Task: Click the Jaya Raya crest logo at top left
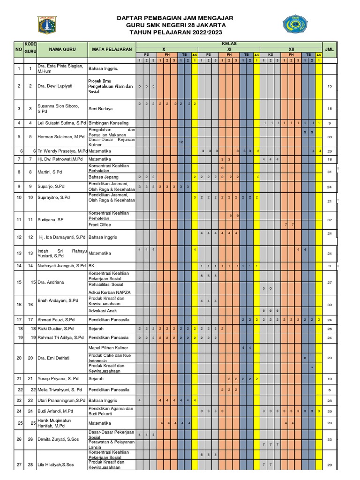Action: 46,25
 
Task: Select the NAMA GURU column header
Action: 62,49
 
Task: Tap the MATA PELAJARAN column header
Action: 112,49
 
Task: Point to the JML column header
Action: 329,49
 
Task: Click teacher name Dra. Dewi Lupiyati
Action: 54,86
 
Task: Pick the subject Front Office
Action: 100,225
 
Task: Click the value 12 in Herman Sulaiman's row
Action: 181,142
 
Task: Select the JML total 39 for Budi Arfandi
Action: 330,411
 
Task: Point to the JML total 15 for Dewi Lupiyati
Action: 330,86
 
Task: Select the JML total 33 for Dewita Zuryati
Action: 330,439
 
